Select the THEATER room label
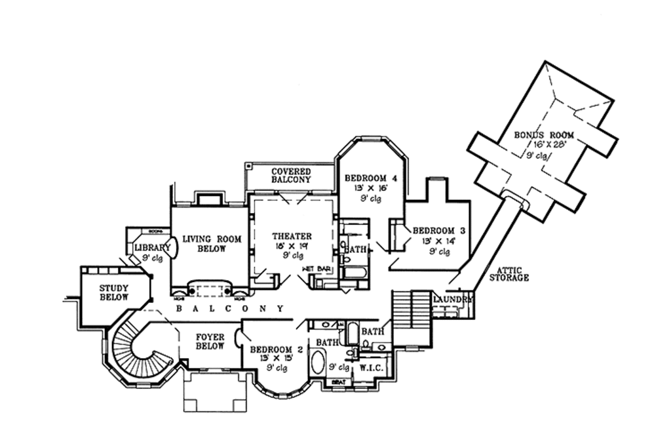click(x=292, y=236)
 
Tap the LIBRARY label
click(x=152, y=248)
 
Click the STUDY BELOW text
click(x=114, y=292)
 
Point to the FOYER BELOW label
click(x=210, y=342)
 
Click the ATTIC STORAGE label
click(x=508, y=273)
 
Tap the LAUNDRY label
click(x=453, y=299)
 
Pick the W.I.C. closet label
click(x=371, y=368)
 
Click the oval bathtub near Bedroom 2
click(x=316, y=363)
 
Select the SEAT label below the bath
click(x=339, y=382)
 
